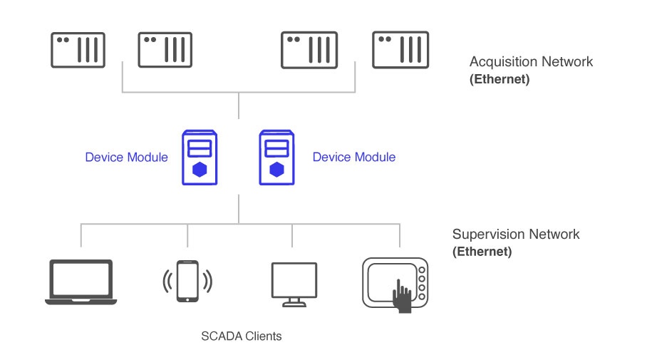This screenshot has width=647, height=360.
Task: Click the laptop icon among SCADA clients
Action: (81, 282)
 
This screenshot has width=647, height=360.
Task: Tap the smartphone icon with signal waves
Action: (187, 281)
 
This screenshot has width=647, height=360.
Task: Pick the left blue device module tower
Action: (200, 157)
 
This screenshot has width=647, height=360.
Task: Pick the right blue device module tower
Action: (276, 157)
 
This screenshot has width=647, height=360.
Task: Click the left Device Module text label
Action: (126, 157)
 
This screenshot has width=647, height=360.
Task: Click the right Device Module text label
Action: (353, 157)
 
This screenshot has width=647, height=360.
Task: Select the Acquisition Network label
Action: (531, 61)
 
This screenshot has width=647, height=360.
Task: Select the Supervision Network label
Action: (516, 234)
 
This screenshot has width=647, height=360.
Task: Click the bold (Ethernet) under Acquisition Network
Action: (499, 79)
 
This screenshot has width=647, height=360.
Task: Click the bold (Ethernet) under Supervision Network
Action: (482, 252)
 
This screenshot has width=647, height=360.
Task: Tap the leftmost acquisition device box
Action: (78, 50)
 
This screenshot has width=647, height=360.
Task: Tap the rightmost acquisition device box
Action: (400, 50)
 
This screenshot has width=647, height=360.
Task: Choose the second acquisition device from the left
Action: (165, 50)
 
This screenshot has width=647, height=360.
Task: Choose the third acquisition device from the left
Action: (309, 50)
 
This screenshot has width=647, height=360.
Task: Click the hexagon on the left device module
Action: (200, 170)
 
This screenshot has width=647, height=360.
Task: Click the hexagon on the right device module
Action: (276, 170)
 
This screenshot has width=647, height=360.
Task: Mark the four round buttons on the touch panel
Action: (422, 283)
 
